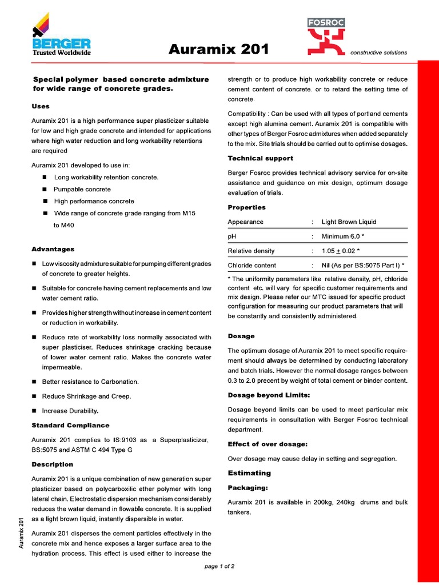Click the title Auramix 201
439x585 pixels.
[x=219, y=50]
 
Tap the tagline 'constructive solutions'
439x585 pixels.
[x=378, y=53]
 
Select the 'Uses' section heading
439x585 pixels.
[x=41, y=106]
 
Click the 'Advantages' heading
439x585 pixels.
[x=53, y=249]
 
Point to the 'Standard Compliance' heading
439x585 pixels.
[x=70, y=425]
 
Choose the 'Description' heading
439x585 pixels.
[x=52, y=464]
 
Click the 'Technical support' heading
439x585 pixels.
[x=260, y=158]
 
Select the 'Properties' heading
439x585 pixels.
[x=246, y=207]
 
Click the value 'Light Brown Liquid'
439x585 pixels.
[x=349, y=222]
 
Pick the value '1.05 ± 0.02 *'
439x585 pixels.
[x=341, y=251]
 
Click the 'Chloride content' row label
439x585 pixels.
[x=252, y=266]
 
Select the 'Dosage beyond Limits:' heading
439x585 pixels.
[x=269, y=395]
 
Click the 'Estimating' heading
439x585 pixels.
[x=249, y=473]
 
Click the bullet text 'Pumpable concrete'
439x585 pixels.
[x=82, y=189]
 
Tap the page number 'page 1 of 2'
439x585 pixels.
[x=219, y=566]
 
